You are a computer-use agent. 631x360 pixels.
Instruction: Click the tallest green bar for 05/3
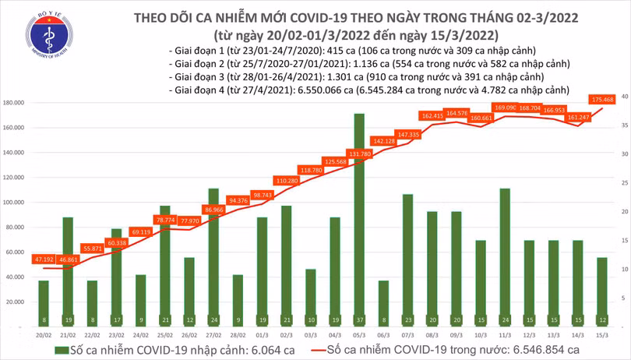358,218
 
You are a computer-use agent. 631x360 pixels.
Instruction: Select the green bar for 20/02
44,304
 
